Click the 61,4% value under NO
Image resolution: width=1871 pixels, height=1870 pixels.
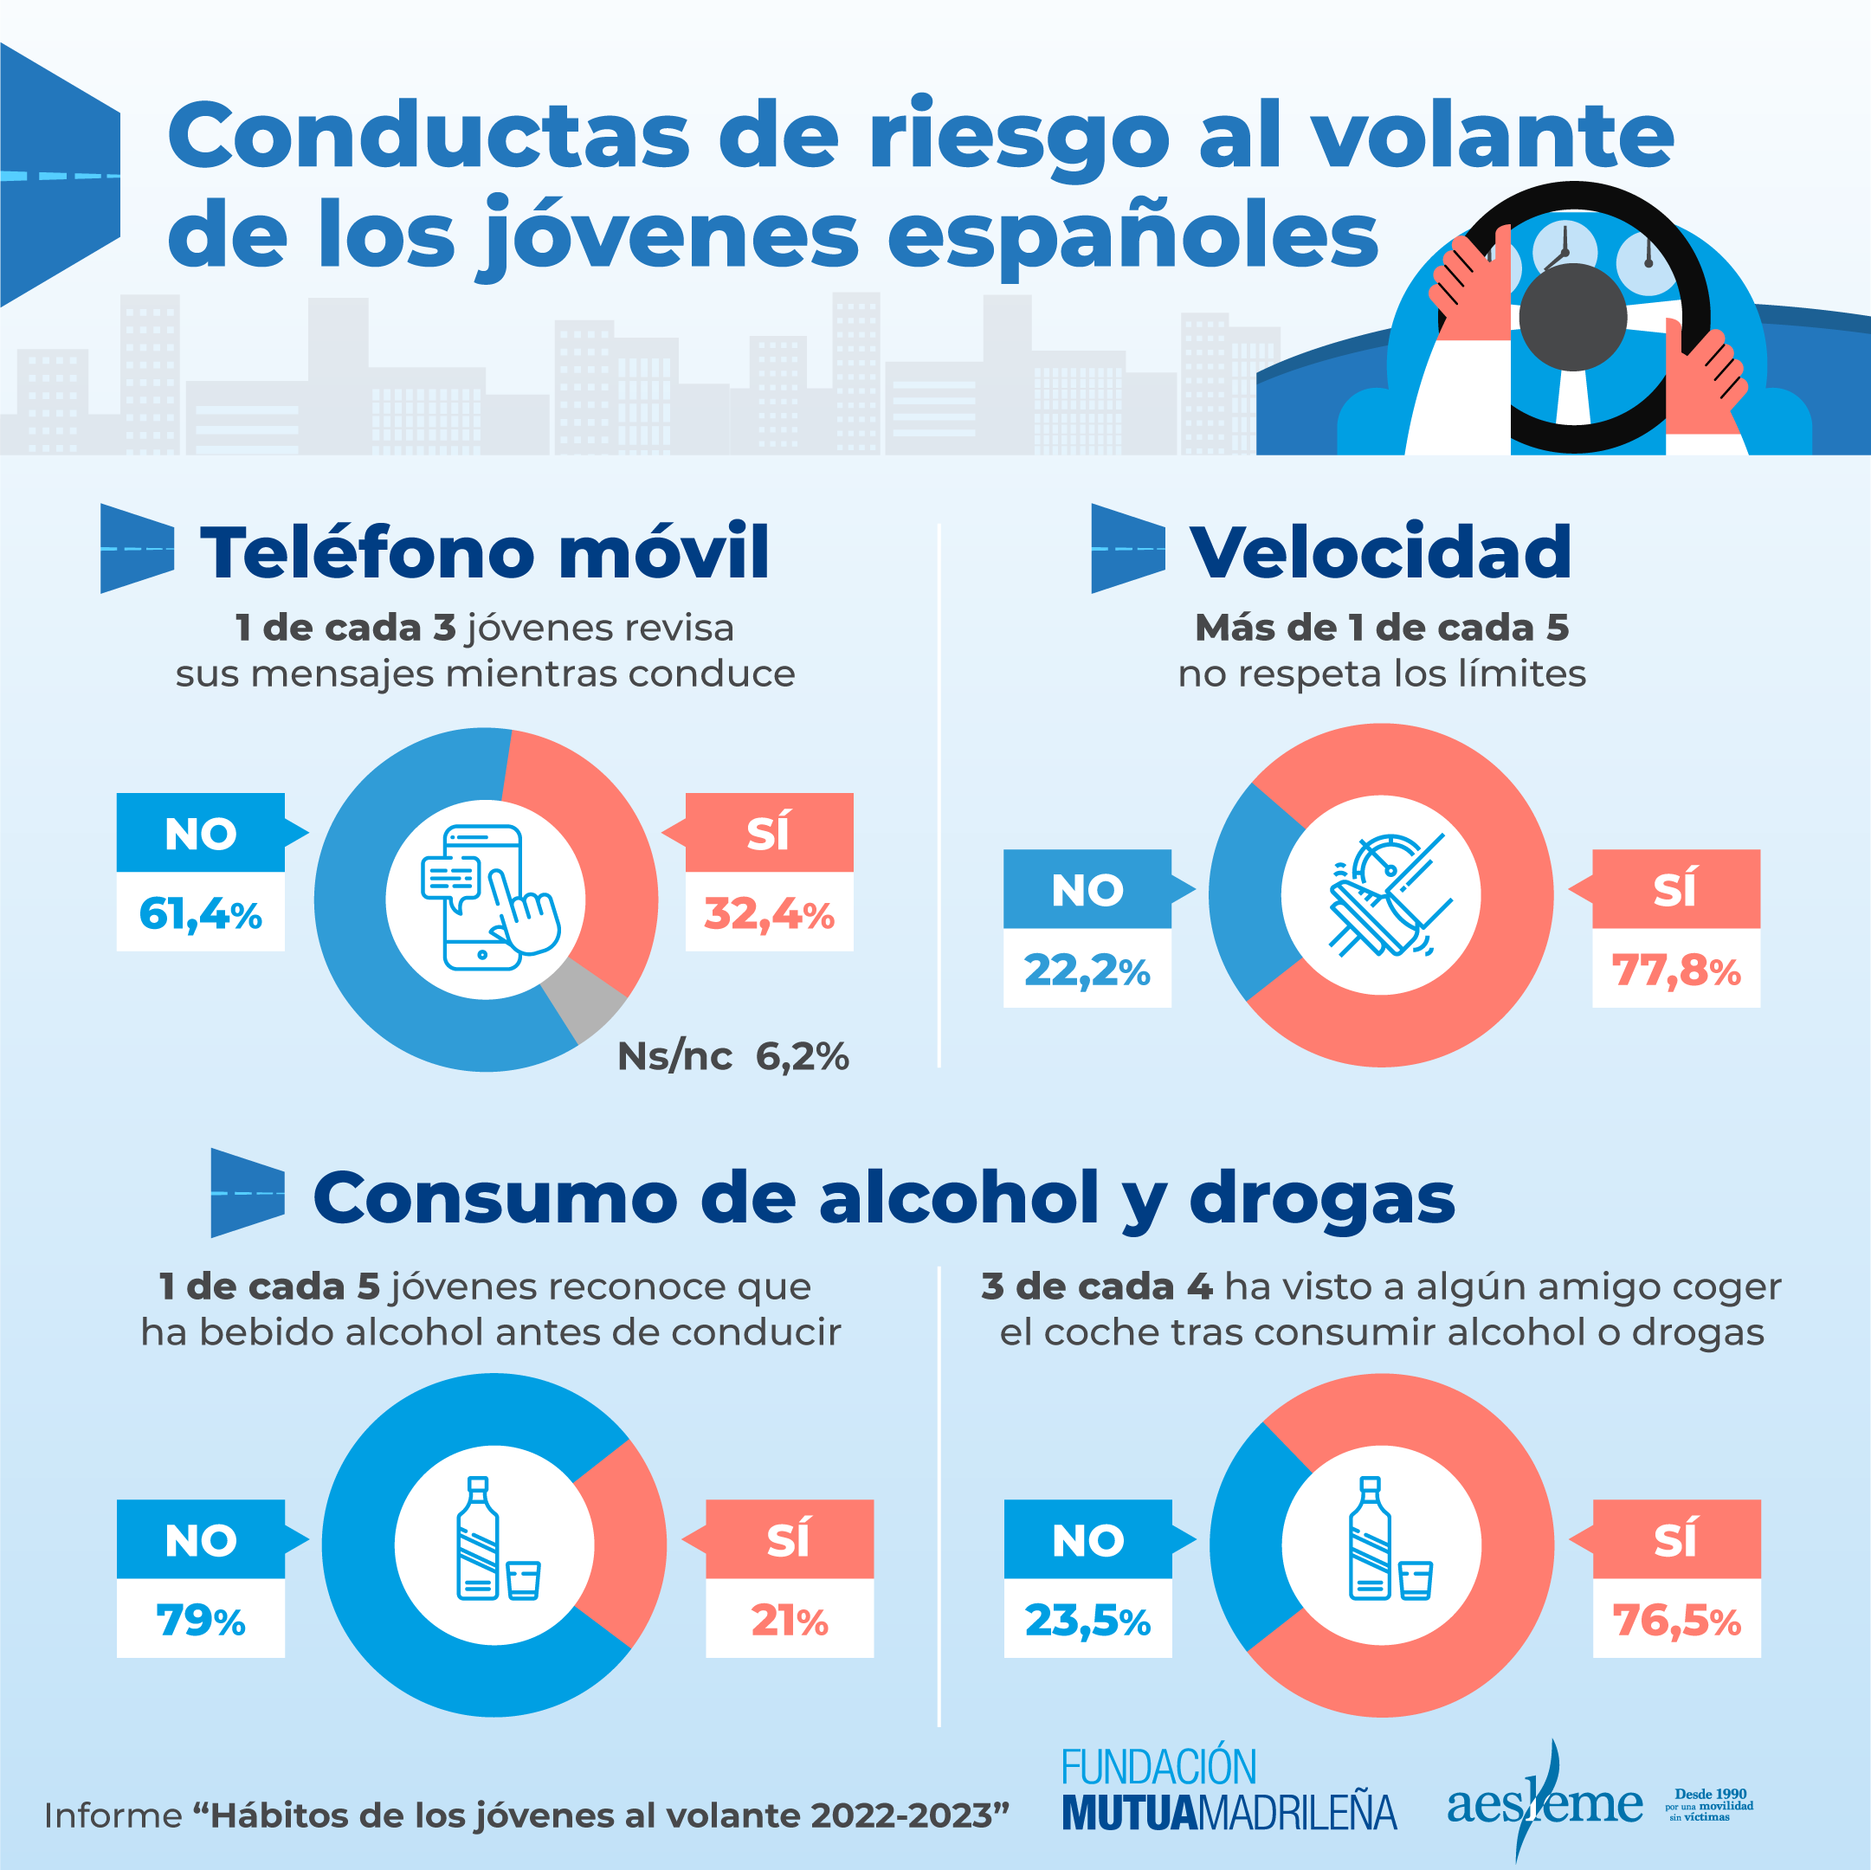click(201, 913)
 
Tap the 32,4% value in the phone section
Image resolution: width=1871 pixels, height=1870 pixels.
click(769, 913)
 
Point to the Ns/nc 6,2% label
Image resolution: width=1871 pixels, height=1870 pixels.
click(732, 1055)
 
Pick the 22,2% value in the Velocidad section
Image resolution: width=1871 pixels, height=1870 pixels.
click(1087, 970)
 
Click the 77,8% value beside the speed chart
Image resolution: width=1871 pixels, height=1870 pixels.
click(1675, 970)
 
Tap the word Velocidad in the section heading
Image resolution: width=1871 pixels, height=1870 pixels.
click(1380, 552)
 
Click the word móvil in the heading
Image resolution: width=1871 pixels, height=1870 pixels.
click(664, 552)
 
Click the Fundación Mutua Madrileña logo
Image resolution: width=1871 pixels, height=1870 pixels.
click(1228, 1789)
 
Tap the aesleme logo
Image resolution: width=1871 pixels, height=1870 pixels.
click(1545, 1803)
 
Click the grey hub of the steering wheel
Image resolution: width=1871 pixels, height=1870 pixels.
click(1571, 316)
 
